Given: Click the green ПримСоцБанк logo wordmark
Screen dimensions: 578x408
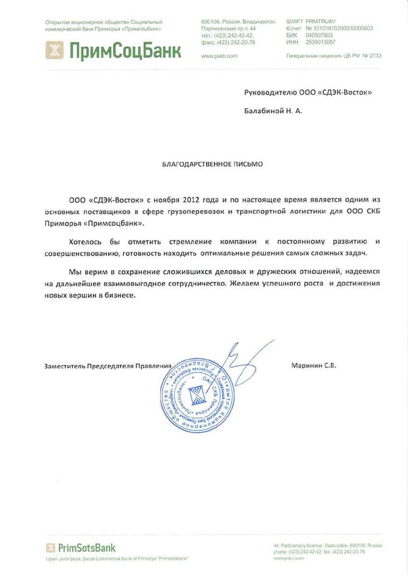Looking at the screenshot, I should pyautogui.click(x=124, y=50).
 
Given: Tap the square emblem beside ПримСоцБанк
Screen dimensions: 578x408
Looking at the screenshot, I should pyautogui.click(x=54, y=50).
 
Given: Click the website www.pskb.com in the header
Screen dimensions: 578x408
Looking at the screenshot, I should pyautogui.click(x=219, y=56).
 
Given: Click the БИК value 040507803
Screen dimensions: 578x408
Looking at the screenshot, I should pyautogui.click(x=319, y=35).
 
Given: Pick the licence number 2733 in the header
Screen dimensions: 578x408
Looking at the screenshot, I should pyautogui.click(x=375, y=56).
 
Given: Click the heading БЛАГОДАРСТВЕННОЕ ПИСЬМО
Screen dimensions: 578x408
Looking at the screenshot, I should pyautogui.click(x=212, y=164).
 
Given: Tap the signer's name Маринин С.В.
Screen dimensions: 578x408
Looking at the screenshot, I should pyautogui.click(x=313, y=365).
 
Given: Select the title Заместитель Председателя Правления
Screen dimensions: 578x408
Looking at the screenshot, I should pyautogui.click(x=108, y=366).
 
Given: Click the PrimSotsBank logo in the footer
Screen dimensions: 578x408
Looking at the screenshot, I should pyautogui.click(x=81, y=548).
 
